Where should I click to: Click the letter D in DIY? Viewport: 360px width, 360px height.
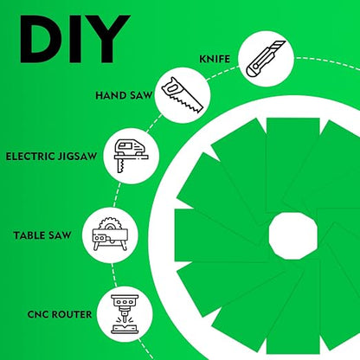point(41,39)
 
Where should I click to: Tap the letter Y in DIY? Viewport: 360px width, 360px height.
point(107,39)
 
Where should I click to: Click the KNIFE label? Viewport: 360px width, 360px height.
point(215,59)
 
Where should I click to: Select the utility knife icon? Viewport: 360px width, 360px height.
point(266,59)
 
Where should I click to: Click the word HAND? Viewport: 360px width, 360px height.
point(112,95)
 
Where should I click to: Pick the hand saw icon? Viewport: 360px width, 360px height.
point(183,95)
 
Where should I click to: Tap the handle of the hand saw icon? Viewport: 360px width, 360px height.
point(170,87)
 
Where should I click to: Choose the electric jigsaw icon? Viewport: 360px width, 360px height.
point(132,156)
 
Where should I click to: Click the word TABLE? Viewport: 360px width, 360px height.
point(29,235)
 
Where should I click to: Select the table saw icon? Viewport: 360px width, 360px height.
point(110,235)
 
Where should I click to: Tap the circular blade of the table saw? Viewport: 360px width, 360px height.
point(110,224)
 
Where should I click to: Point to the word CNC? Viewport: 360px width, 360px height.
point(38,314)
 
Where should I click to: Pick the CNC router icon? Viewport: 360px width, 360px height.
point(125,314)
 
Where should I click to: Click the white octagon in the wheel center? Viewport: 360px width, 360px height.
point(293,236)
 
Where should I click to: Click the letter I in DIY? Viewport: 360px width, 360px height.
point(73,39)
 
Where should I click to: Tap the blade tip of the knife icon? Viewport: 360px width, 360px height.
point(284,42)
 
